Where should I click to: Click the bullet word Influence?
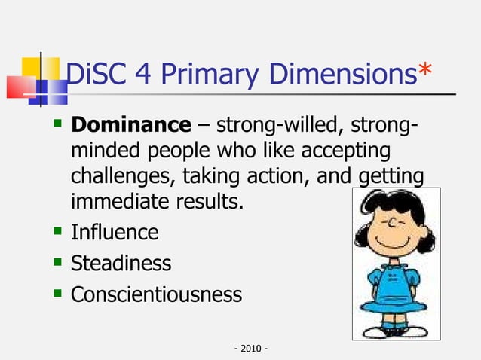114,233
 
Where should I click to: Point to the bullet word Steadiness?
121,264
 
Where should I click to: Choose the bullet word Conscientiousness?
156,294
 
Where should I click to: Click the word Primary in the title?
213,74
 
